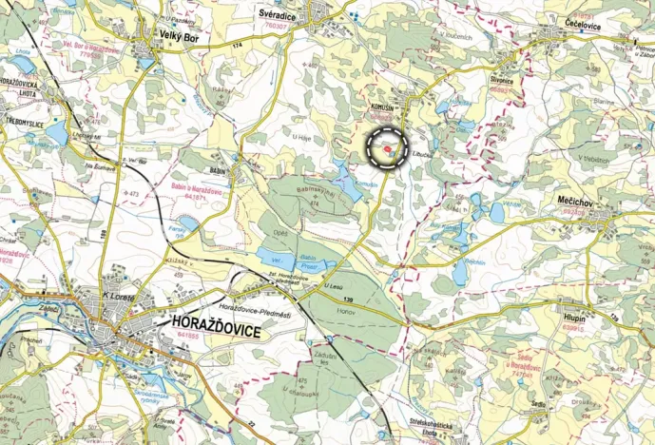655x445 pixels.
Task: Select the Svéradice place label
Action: (x=283, y=14)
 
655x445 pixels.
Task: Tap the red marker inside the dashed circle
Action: (x=388, y=147)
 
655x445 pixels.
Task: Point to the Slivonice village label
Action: (x=500, y=81)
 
